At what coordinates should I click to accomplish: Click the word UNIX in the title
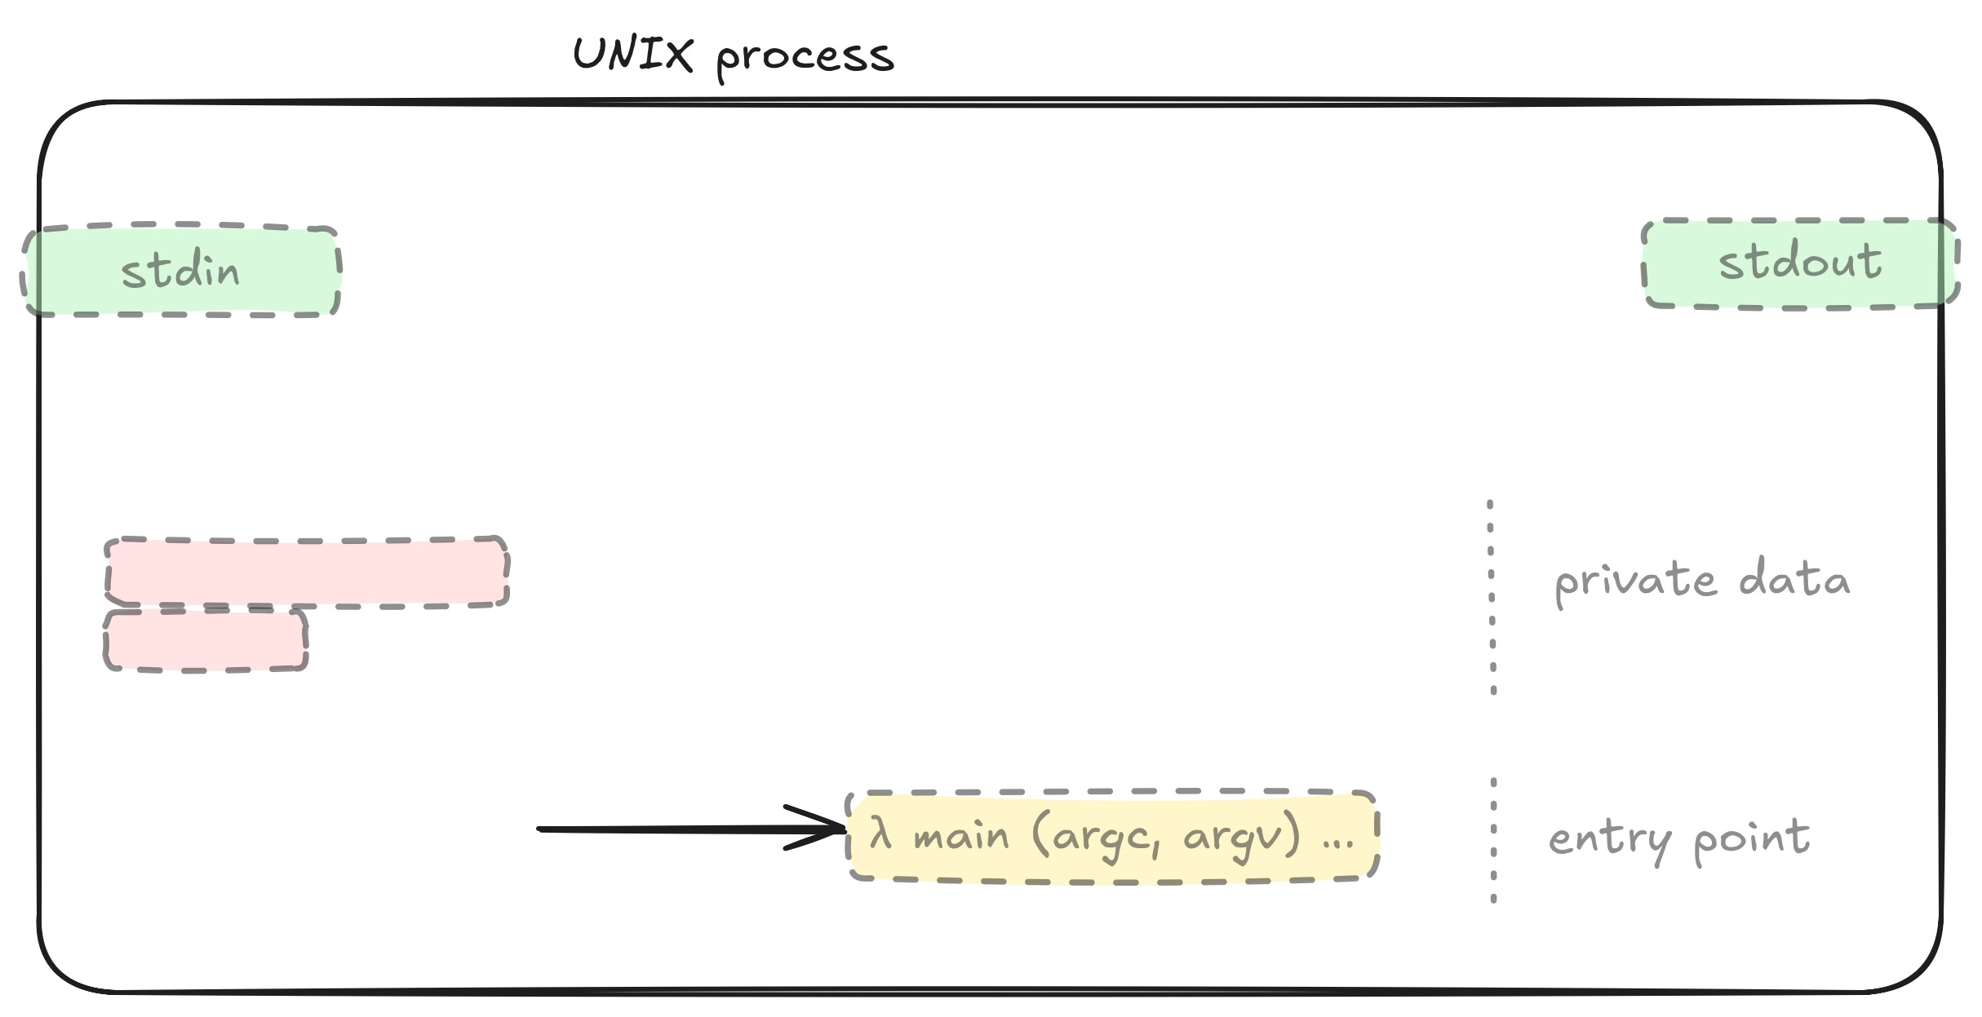(x=633, y=55)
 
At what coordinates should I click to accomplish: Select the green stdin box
(x=181, y=271)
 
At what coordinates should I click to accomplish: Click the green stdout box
(x=1800, y=263)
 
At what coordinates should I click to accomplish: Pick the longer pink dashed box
(x=307, y=572)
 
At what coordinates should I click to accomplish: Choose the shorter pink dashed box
(x=206, y=641)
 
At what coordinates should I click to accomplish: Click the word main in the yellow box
(x=960, y=837)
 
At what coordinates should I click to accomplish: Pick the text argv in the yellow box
(x=1230, y=838)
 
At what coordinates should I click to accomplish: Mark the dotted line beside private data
(x=1492, y=597)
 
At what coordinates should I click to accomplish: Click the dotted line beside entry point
(x=1493, y=841)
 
